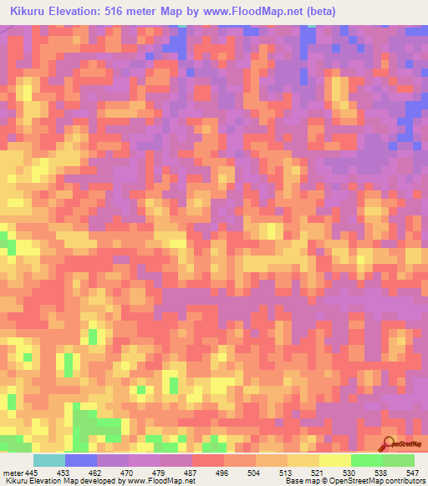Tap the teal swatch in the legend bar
[48, 460]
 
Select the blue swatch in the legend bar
[80, 460]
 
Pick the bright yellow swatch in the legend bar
[334, 460]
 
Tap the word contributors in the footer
[405, 481]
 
